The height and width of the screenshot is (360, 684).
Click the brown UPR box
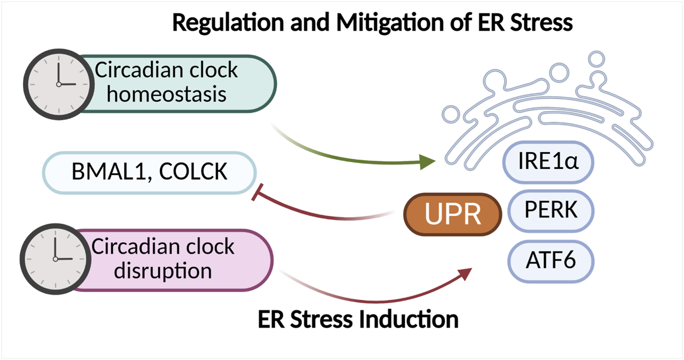tap(452, 215)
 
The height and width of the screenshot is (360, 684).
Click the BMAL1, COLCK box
tap(149, 173)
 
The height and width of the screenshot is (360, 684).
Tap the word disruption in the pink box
tap(162, 270)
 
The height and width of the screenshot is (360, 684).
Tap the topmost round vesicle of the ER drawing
tap(598, 58)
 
